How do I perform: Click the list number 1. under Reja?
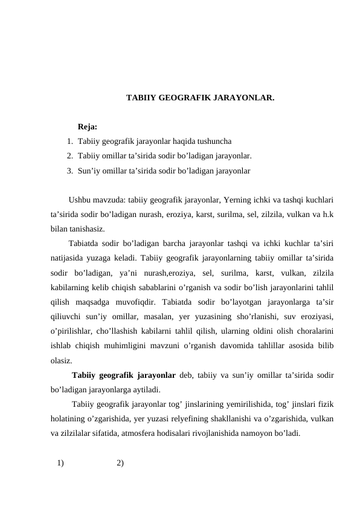point(70,141)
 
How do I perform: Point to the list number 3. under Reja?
point(70,170)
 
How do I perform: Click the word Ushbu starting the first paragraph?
point(80,200)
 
